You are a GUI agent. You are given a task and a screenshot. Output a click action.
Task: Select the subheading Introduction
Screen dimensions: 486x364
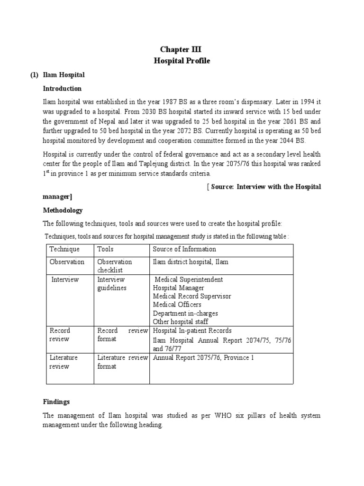[62, 88]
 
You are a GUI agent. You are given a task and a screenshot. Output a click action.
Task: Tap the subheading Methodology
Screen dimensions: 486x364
[63, 210]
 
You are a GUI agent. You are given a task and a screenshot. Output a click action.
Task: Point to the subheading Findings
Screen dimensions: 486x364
[56, 402]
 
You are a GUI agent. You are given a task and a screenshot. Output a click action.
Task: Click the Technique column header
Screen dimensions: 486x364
[64, 249]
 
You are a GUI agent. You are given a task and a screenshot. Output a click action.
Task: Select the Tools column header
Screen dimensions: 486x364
[105, 249]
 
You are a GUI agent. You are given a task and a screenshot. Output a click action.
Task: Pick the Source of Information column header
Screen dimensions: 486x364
[184, 249]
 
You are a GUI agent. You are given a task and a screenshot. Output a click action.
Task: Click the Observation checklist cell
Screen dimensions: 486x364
[115, 266]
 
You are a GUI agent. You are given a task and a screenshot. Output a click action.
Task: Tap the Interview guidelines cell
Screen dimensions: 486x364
[112, 284]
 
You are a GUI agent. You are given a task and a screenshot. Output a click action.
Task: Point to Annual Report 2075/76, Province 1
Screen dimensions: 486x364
[203, 357]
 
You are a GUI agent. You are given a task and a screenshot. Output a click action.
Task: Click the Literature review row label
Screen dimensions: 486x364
[64, 362]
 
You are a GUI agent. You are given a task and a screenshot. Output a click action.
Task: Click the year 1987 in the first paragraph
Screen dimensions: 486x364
[174, 102]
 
